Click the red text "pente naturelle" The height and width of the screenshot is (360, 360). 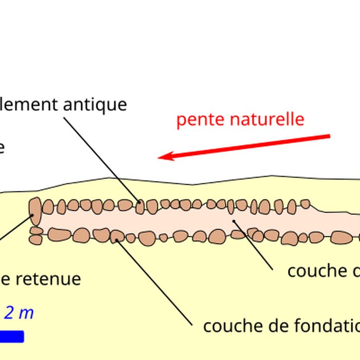coord(240,119)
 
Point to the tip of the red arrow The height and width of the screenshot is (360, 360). coord(159,157)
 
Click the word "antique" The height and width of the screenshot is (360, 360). coord(95,104)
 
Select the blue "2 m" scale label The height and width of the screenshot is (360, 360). coord(19,313)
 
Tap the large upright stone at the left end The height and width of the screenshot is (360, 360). coord(35,211)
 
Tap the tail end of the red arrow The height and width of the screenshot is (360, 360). coord(328,136)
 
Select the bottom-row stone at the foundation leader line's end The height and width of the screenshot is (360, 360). coord(117,237)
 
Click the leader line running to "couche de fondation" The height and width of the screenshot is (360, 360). coord(154,280)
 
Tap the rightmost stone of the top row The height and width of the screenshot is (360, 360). coord(305,204)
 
